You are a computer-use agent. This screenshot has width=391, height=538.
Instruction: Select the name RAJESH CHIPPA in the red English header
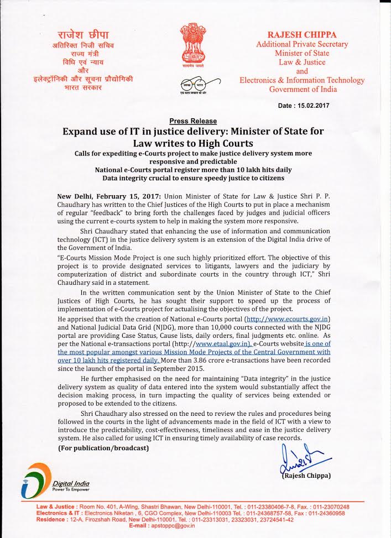click(x=302, y=34)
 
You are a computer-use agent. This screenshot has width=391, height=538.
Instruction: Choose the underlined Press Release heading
click(x=193, y=121)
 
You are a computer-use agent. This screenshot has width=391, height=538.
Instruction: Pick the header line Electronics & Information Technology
click(x=302, y=80)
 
